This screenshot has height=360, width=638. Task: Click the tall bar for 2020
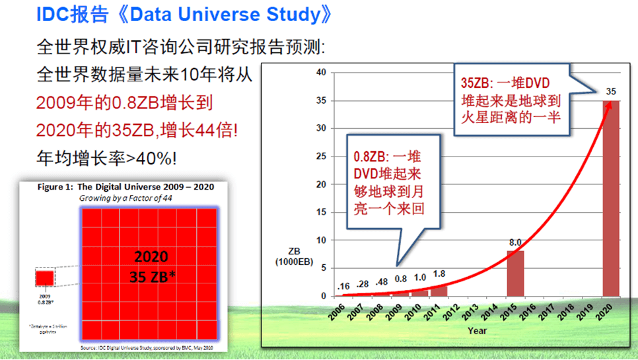pos(611,198)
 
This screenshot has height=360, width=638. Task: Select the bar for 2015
pos(515,273)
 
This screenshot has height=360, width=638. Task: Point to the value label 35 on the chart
pos(611,91)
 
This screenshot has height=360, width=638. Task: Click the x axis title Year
pos(477,330)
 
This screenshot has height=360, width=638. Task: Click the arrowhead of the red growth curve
pos(609,103)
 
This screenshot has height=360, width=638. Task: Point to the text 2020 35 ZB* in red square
pos(151,266)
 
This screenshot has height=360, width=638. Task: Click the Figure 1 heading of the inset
pos(125,187)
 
